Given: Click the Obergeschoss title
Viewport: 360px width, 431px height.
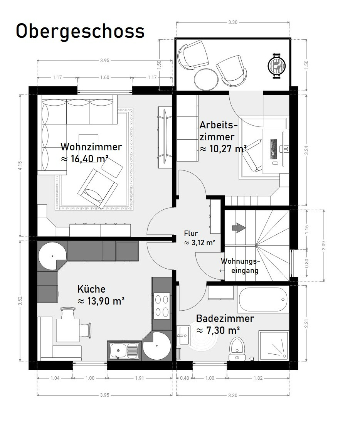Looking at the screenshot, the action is point(80,31).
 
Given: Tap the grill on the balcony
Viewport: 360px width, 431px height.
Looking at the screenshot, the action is point(276,66).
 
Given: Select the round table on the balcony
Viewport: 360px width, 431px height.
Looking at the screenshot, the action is point(206,79).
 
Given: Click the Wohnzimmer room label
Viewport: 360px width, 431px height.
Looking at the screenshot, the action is point(91,147).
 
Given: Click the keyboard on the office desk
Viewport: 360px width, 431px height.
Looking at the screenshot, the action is point(274,149).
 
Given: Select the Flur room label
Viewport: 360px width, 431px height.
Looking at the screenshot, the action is point(191,233).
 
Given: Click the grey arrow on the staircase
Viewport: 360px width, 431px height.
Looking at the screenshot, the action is point(239,228).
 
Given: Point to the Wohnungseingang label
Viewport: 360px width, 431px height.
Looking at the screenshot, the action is point(241,266).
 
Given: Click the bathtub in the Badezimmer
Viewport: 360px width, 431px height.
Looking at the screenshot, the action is point(263,300).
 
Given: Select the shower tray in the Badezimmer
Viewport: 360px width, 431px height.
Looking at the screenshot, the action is point(273,345).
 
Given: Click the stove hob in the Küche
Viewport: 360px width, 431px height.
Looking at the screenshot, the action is point(162,305).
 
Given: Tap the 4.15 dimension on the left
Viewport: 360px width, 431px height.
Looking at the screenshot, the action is point(20,166).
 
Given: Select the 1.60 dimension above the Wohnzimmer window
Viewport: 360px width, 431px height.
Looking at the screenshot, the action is point(105,77).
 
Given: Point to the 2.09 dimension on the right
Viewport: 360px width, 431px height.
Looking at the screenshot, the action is point(323,246).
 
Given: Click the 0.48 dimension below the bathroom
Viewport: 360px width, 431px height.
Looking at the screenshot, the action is point(184,378).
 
